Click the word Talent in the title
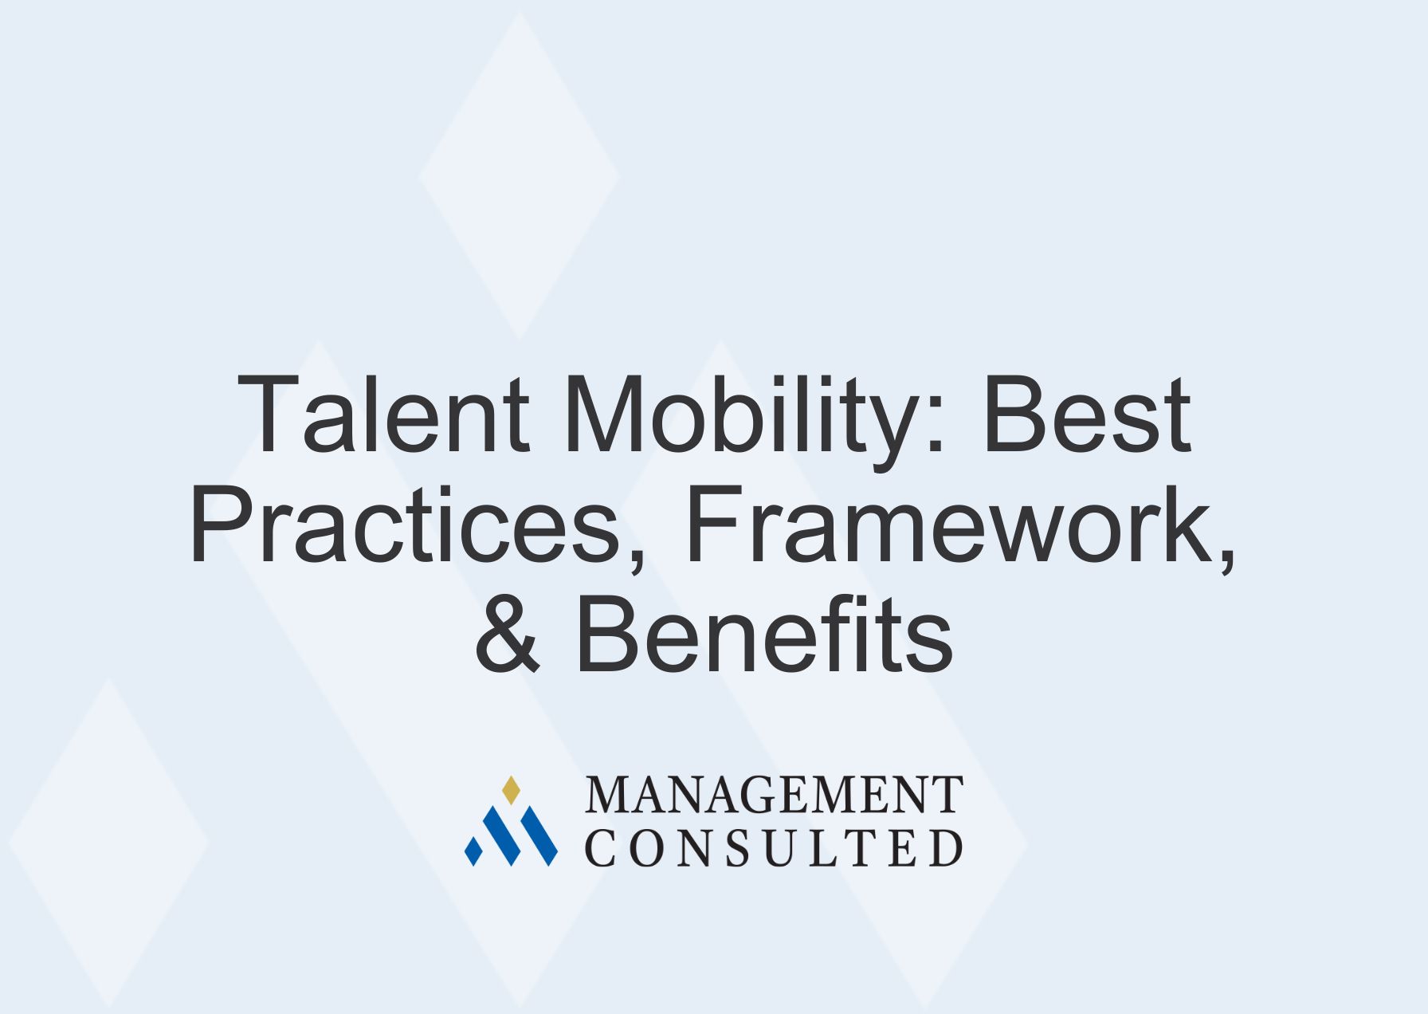click(382, 415)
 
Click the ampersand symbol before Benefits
click(508, 635)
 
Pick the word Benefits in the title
click(763, 635)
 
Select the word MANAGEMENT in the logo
click(774, 795)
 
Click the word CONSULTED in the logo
click(774, 847)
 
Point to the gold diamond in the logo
click(511, 790)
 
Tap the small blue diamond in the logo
click(473, 851)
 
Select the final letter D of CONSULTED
click(947, 847)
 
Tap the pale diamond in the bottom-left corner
click(108, 842)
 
